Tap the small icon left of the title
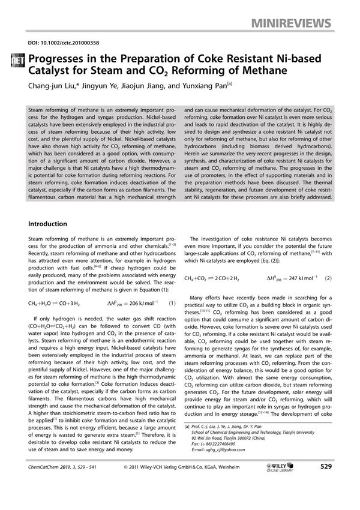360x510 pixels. coord(18,61)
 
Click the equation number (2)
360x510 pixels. coord(328,278)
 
